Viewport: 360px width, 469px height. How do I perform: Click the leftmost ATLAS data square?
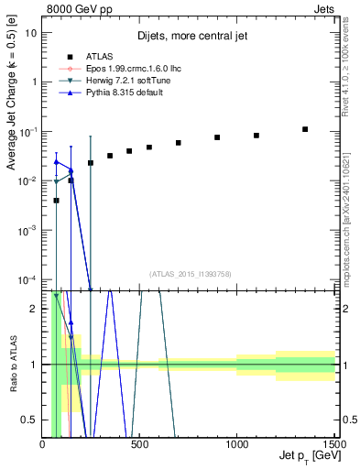(56, 201)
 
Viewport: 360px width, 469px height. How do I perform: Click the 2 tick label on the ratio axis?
(34, 309)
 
